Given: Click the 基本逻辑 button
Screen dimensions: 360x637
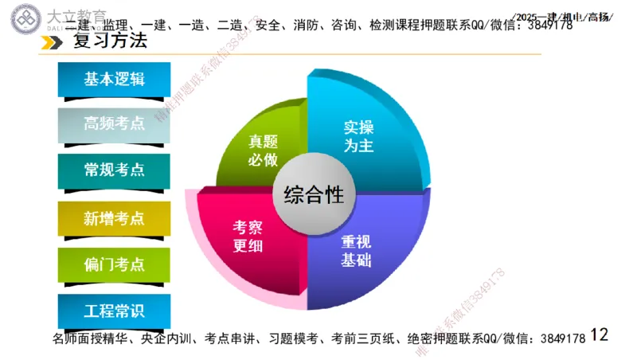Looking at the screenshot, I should [115, 79].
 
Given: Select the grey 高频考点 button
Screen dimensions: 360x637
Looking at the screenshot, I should [115, 123].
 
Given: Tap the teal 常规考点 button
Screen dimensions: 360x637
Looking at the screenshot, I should [115, 170].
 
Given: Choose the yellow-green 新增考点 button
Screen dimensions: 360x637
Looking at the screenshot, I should [115, 217].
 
